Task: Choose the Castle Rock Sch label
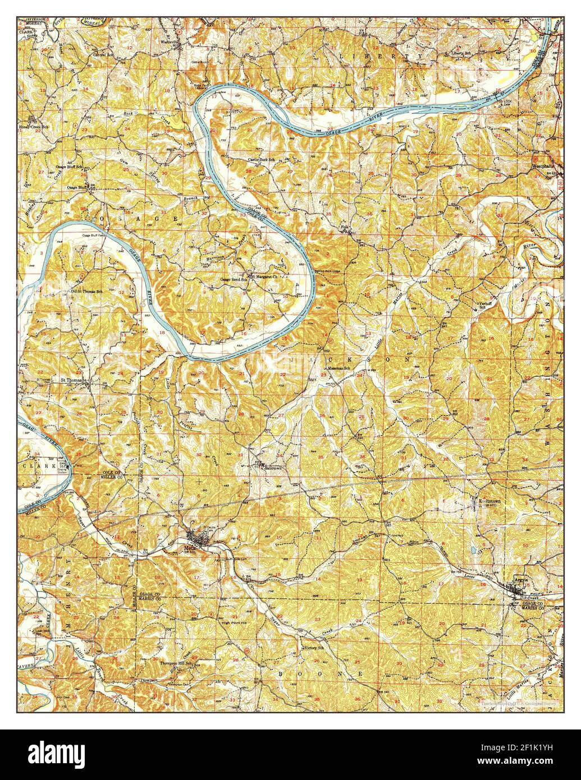coord(262,160)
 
